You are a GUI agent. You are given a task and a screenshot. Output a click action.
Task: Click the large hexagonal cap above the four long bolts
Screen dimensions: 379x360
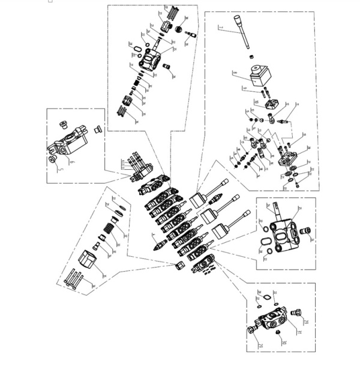click(x=88, y=262)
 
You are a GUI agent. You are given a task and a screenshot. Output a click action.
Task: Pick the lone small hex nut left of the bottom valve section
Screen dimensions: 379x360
click(x=179, y=266)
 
